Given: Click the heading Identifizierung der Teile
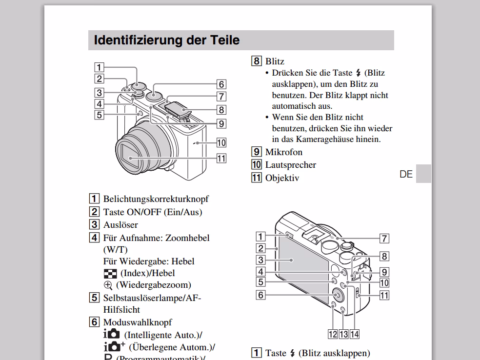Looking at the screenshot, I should [166, 40].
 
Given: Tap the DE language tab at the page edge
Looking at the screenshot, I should [406, 174].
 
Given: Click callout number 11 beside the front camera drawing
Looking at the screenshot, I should [221, 158].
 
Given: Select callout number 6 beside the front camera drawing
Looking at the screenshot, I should [221, 84].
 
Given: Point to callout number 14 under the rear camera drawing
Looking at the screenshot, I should [354, 334].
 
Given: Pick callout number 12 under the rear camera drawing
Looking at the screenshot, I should [333, 334].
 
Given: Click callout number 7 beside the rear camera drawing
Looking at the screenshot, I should [384, 238].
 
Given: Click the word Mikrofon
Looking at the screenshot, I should [283, 152].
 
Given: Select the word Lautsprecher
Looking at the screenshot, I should [290, 165].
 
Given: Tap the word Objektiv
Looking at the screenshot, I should [282, 178].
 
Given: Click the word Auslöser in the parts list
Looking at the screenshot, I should [120, 225].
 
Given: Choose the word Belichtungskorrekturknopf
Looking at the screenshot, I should [156, 199].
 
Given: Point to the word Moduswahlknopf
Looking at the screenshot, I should [137, 322].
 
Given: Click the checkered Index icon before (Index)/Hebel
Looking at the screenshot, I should [110, 274].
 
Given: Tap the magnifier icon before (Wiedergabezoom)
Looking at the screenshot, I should [108, 285].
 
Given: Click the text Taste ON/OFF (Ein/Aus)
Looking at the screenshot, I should [152, 212].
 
